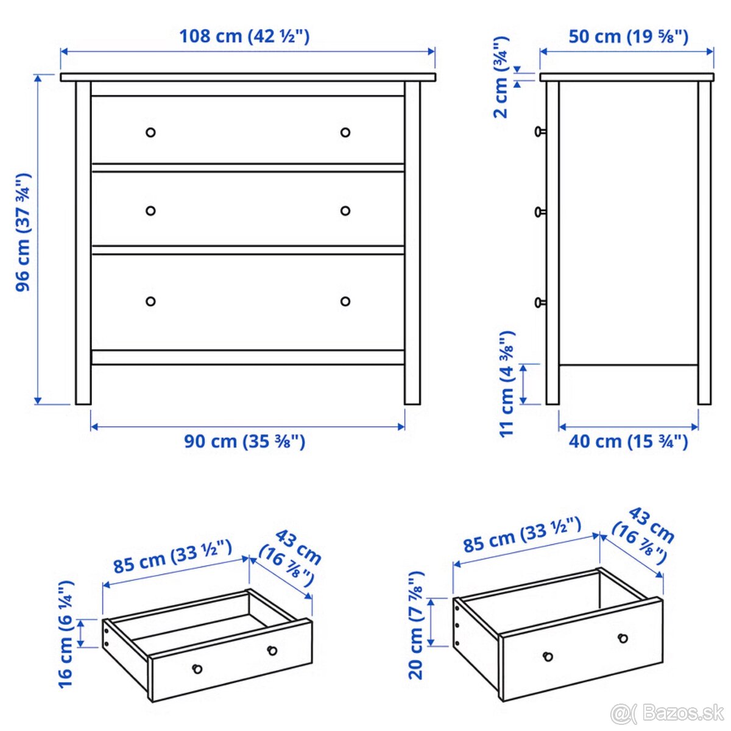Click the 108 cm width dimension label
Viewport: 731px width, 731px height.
click(x=244, y=36)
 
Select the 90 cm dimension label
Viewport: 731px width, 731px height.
click(x=244, y=441)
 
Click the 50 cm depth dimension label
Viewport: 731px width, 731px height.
click(x=628, y=37)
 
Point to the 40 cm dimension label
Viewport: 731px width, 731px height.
click(x=628, y=441)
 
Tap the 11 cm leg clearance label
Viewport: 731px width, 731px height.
click(x=507, y=384)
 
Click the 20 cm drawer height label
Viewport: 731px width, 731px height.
click(x=416, y=625)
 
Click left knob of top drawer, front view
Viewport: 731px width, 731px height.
click(x=150, y=132)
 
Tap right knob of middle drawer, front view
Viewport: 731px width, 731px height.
click(x=345, y=211)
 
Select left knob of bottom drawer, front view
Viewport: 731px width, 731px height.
click(x=150, y=301)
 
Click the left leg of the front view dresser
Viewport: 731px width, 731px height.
click(x=83, y=244)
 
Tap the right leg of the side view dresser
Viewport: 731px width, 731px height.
click(x=704, y=244)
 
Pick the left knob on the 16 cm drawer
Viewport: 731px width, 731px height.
click(x=197, y=669)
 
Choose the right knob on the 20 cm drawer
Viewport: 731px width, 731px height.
click(x=623, y=638)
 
